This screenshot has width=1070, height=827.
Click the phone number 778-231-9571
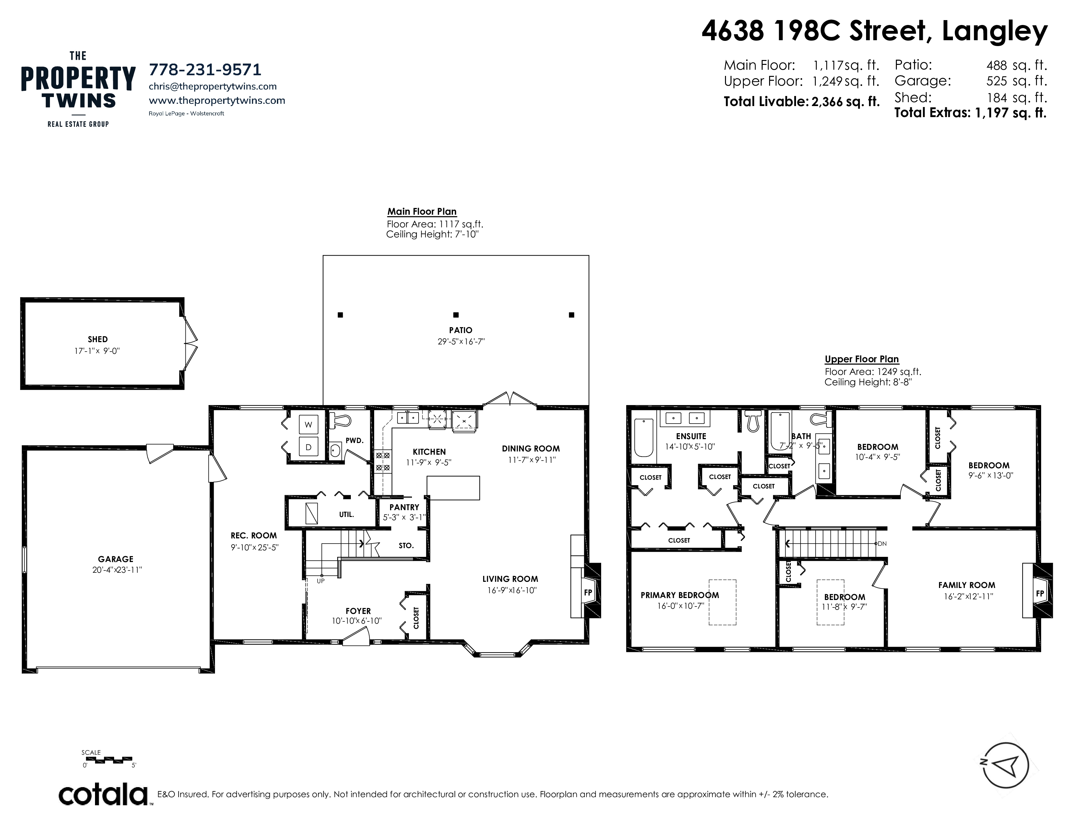pyautogui.click(x=205, y=70)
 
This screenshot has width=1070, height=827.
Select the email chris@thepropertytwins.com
pyautogui.click(x=213, y=86)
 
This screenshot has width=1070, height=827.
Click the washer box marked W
pyautogui.click(x=308, y=425)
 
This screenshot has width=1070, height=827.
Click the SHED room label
pyautogui.click(x=98, y=339)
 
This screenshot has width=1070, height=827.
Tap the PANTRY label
pyautogui.click(x=404, y=507)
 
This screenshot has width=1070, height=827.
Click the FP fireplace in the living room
pyautogui.click(x=588, y=592)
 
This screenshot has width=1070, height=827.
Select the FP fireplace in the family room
pyautogui.click(x=1040, y=593)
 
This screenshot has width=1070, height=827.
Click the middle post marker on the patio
pyautogui.click(x=456, y=315)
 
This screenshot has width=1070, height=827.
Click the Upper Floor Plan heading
pyautogui.click(x=862, y=359)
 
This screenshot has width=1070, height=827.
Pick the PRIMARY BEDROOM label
pyautogui.click(x=680, y=595)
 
